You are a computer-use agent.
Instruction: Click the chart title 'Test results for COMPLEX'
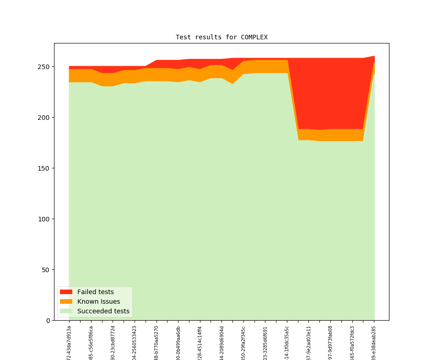221,37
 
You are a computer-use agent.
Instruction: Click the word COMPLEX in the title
254,37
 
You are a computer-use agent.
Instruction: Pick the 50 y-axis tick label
46,270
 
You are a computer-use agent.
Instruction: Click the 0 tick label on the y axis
48,321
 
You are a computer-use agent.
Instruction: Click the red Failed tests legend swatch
66,292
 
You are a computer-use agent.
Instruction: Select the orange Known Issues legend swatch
66,301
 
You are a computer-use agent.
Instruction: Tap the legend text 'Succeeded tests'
103,311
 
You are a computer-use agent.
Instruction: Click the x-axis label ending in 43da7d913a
69,342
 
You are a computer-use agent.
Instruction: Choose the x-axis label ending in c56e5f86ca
91,343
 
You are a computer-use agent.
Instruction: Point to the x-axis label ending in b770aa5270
157,343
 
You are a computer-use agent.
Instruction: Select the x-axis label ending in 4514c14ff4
200,343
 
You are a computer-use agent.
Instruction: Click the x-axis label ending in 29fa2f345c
243,343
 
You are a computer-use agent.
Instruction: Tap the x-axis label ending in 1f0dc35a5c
287,343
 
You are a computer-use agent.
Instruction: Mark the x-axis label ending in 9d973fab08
330,343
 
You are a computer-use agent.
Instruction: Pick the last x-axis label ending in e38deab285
374,343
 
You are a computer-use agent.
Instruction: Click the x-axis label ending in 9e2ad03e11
309,343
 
